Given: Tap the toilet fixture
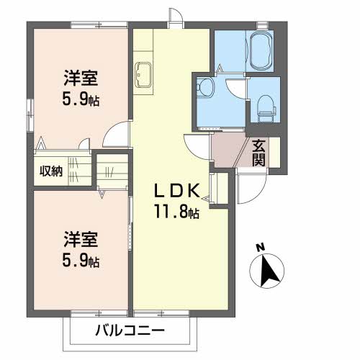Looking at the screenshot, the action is pyautogui.click(x=266, y=109).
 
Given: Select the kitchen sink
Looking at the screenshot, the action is pyautogui.click(x=143, y=75).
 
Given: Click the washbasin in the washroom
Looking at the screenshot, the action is pyautogui.click(x=205, y=88).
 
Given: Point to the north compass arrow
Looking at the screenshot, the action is pyautogui.click(x=269, y=271).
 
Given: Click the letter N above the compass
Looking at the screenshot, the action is pyautogui.click(x=260, y=248).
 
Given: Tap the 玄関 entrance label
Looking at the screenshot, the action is pyautogui.click(x=258, y=153).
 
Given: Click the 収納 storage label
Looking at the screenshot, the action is pyautogui.click(x=51, y=171).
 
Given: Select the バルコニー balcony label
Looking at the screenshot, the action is pyautogui.click(x=130, y=330).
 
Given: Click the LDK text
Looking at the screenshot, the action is pyautogui.click(x=177, y=191).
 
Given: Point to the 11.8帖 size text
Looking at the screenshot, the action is pyautogui.click(x=177, y=212).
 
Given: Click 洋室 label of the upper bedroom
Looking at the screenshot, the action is pyautogui.click(x=81, y=78).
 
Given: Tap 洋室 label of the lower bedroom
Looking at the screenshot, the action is pyautogui.click(x=81, y=239).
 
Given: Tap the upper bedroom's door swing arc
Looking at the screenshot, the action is pyautogui.click(x=111, y=127).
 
